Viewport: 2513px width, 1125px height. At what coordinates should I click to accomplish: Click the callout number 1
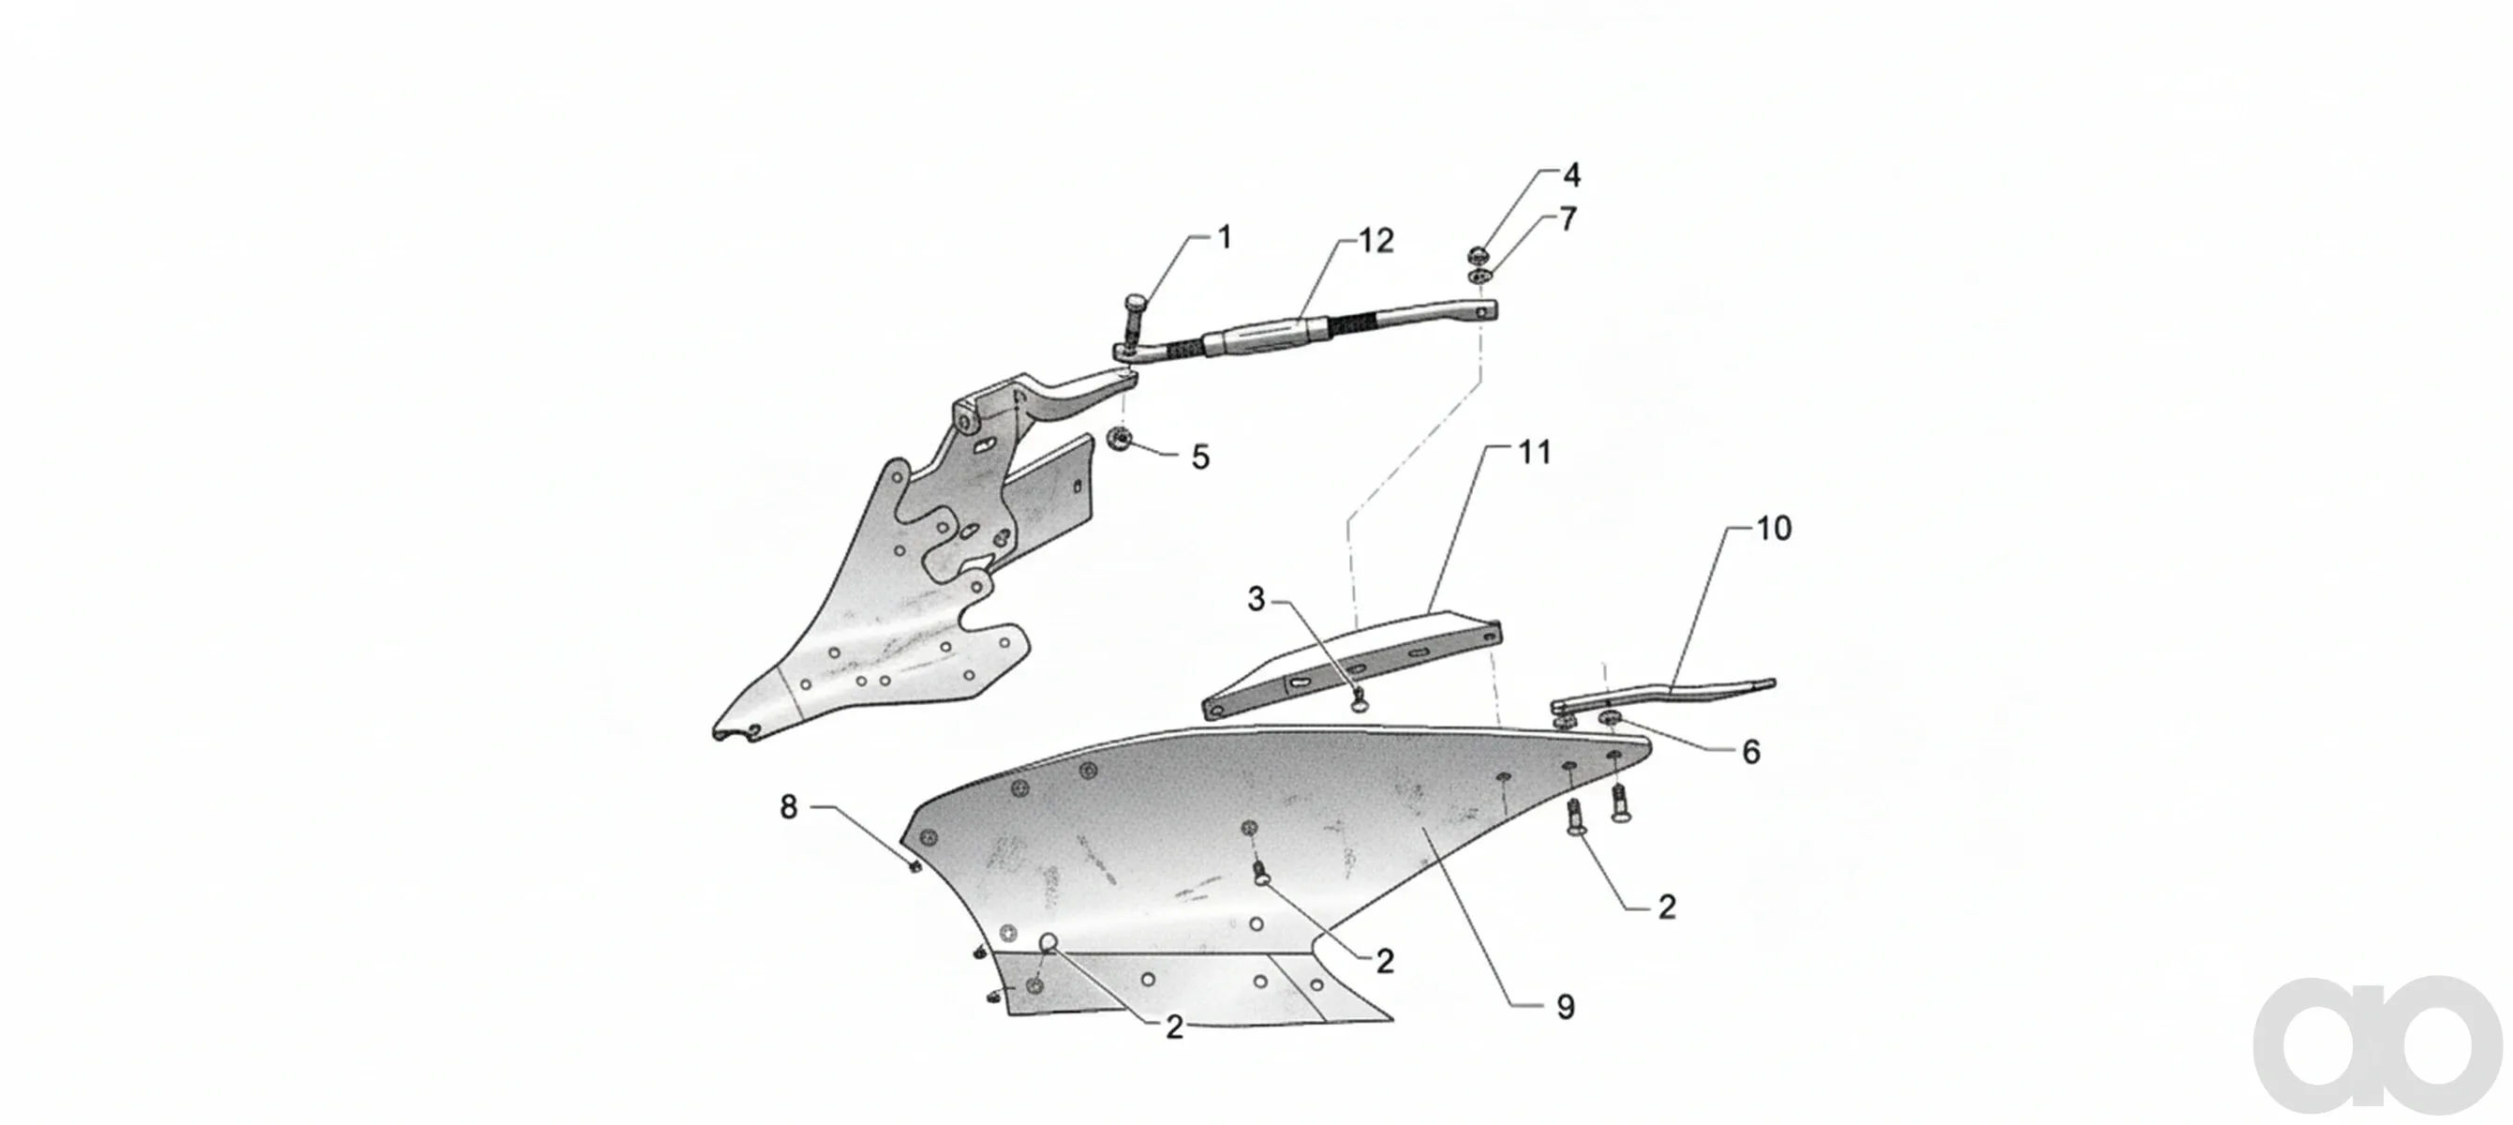coord(1225,237)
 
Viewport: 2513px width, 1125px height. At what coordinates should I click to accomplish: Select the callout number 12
coord(1375,240)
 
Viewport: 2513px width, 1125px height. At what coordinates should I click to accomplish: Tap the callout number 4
coord(1570,174)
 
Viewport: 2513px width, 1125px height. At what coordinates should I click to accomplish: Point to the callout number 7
coord(1568,219)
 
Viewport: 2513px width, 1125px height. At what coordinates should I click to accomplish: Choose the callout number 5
coord(1200,457)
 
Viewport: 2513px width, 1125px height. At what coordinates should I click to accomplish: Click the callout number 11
coord(1534,452)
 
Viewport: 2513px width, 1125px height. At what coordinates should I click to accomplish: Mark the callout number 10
coord(1774,528)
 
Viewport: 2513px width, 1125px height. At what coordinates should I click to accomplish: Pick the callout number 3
coord(1256,599)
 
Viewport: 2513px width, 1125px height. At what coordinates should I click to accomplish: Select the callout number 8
coord(788,807)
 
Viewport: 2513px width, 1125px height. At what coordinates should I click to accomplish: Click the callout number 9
coord(1565,1008)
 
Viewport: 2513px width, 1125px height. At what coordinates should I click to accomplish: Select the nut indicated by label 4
coord(1477,257)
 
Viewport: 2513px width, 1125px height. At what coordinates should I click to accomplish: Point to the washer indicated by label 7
coord(1479,278)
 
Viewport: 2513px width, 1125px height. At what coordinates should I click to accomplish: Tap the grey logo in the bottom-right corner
coord(2379,1044)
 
